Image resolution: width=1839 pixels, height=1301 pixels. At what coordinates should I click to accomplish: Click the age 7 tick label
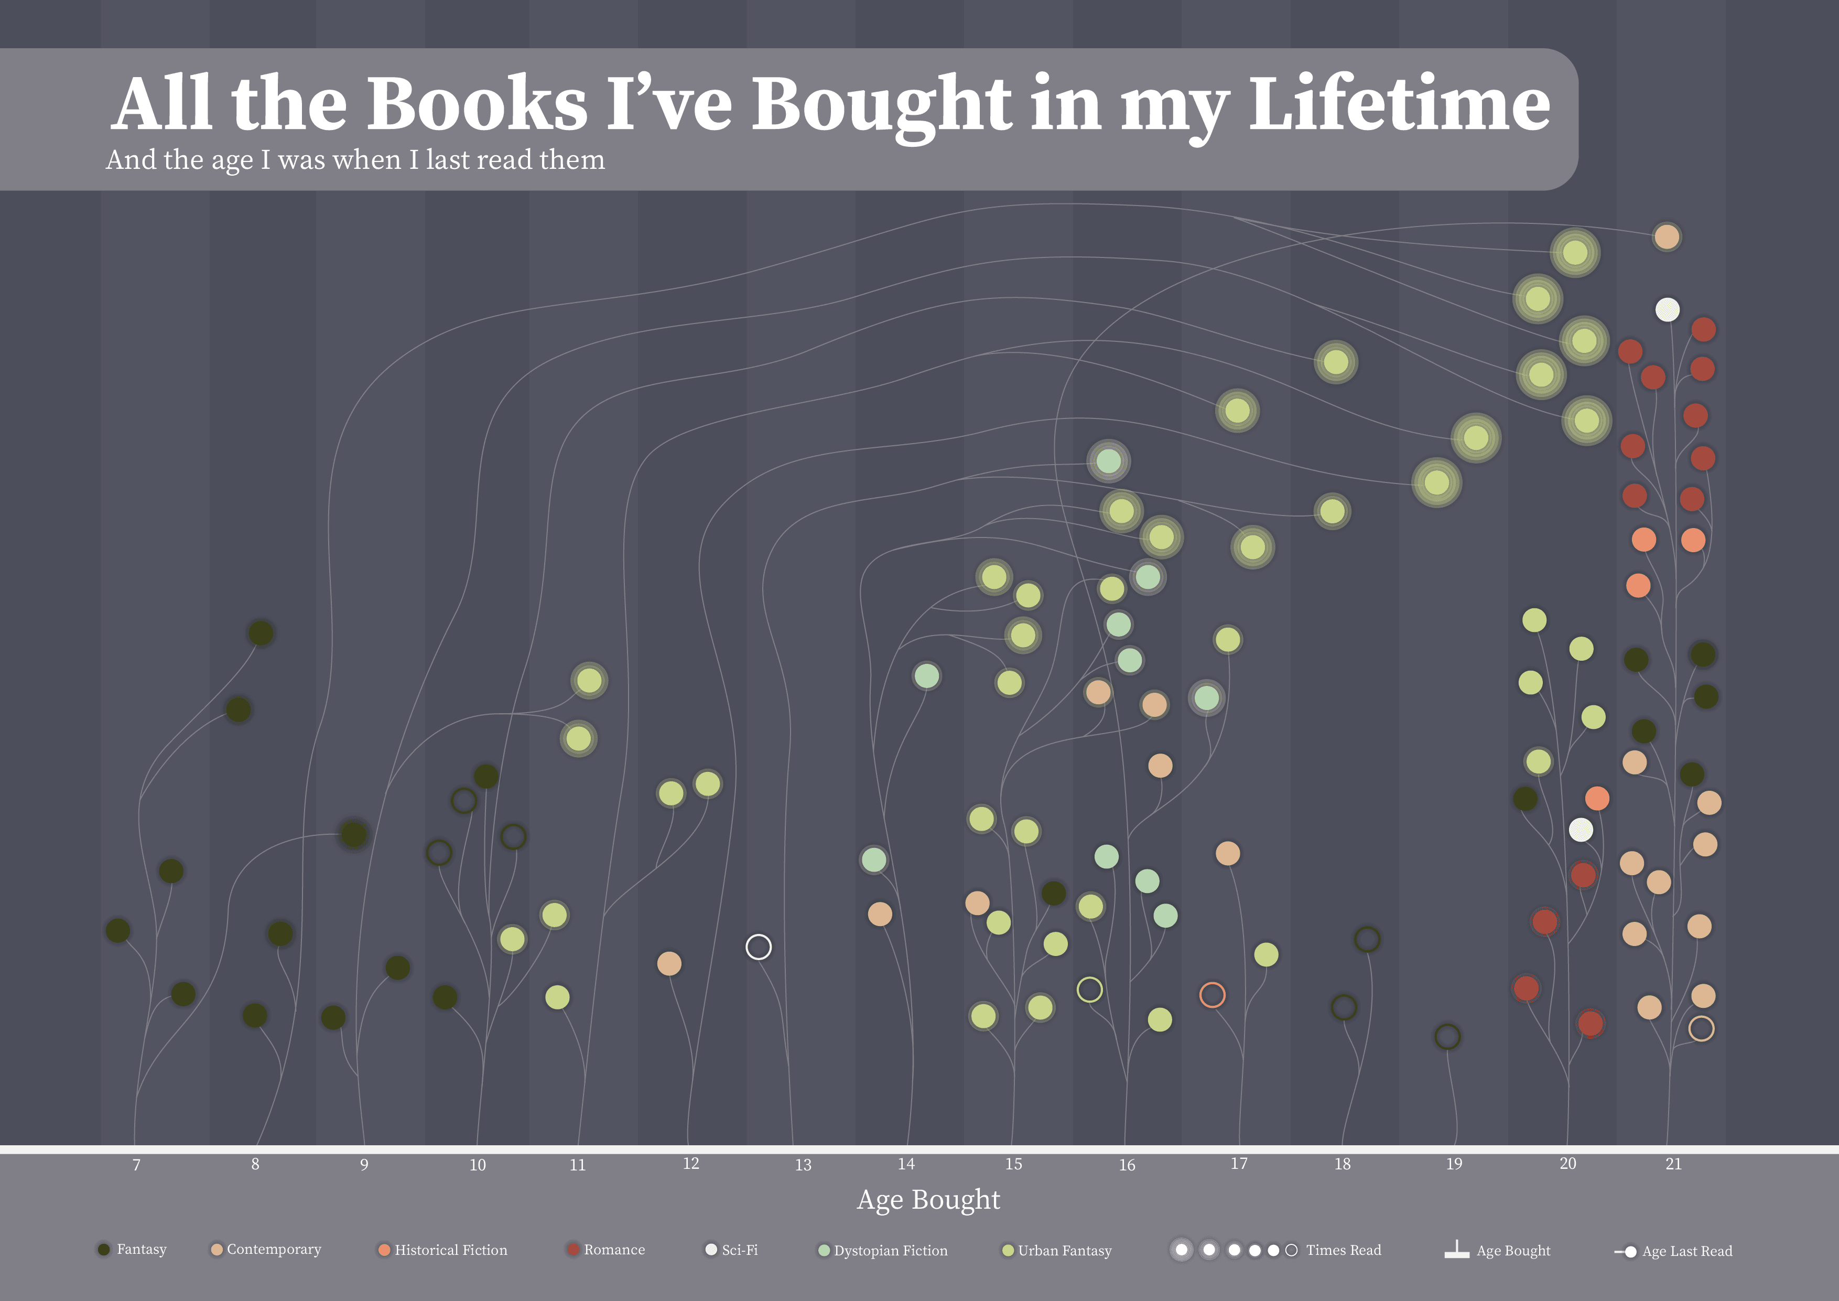[136, 1165]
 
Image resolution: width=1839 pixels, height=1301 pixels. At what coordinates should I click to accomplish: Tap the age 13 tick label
[803, 1165]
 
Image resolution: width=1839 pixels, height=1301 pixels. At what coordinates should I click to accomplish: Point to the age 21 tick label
[1673, 1164]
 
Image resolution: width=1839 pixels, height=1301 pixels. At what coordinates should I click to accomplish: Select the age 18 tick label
[1343, 1164]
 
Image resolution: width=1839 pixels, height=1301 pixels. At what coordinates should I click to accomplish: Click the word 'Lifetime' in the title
[1399, 104]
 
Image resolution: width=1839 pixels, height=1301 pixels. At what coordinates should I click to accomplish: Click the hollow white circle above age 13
[759, 947]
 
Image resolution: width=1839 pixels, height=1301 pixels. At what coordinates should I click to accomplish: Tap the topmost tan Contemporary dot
[1667, 237]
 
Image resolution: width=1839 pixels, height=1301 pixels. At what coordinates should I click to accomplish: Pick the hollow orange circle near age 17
[1212, 995]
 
